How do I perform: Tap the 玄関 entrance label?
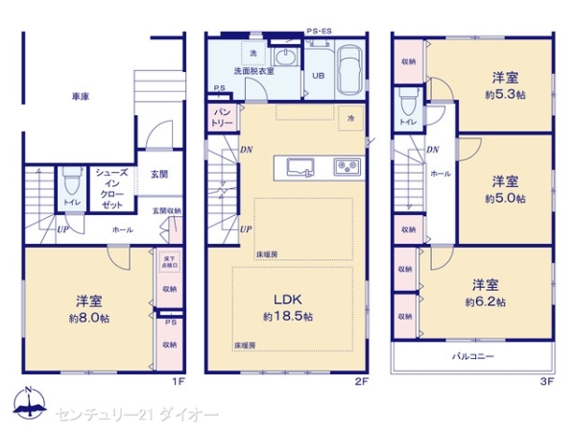click(159, 175)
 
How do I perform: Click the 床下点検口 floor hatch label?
click(169, 262)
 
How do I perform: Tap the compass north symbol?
click(29, 404)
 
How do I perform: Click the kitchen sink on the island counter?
click(299, 167)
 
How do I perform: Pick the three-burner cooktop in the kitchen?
click(345, 167)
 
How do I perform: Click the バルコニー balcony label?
click(473, 356)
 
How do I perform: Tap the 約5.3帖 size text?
click(506, 95)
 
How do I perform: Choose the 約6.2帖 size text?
click(485, 301)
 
